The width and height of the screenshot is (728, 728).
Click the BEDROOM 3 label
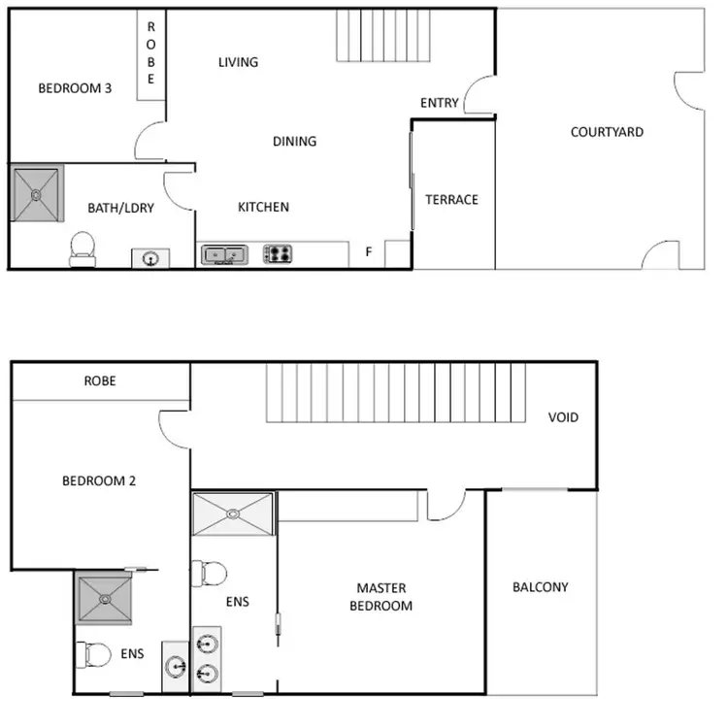(75, 88)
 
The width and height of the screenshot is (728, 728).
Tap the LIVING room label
(238, 62)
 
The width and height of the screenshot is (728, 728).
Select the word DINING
(294, 141)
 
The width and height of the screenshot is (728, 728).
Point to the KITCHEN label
(263, 207)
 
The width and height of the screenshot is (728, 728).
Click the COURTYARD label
(607, 132)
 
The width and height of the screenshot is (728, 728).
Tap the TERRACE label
(451, 200)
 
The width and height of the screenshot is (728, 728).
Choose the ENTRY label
(439, 103)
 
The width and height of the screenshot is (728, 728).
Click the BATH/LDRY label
(121, 208)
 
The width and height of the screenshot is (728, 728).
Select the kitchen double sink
(225, 254)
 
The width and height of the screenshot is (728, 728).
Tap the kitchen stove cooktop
(279, 254)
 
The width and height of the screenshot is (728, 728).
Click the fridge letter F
(369, 252)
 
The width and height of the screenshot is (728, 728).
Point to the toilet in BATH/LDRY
(83, 248)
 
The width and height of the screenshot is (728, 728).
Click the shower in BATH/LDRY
(37, 194)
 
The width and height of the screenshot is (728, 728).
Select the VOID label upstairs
(563, 417)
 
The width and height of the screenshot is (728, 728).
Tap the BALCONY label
(540, 587)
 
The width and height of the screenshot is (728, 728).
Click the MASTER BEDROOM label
(381, 597)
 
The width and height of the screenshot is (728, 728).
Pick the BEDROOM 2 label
(93, 480)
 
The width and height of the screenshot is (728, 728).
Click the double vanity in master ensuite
(207, 657)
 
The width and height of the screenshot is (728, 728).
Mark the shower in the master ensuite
(233, 513)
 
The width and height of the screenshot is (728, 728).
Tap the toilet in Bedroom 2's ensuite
(98, 655)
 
